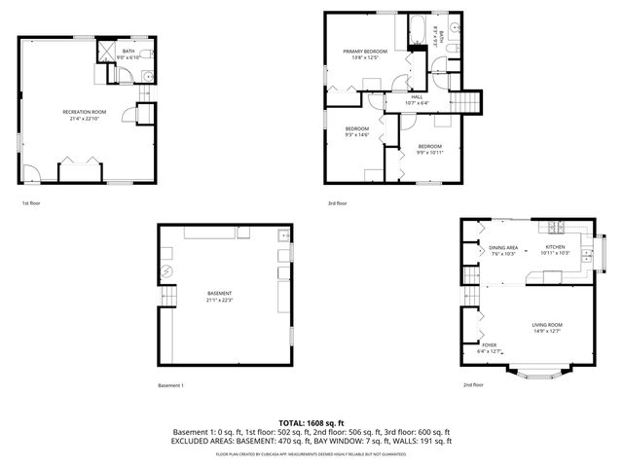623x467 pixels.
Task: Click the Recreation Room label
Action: (x=85, y=112)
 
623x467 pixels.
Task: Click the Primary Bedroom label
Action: (x=364, y=51)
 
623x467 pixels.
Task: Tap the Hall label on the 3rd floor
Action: (x=417, y=96)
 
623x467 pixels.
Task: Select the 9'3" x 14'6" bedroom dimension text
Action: (x=357, y=134)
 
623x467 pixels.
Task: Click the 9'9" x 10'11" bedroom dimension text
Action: (x=430, y=152)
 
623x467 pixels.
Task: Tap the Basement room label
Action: (x=219, y=293)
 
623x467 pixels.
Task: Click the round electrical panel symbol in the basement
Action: (x=165, y=270)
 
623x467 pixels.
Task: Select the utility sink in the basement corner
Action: (x=283, y=235)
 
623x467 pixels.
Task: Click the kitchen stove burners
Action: (x=557, y=230)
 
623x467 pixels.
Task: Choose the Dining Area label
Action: (x=503, y=248)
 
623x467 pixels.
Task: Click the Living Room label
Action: (x=547, y=324)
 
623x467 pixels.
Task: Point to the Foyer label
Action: (x=489, y=344)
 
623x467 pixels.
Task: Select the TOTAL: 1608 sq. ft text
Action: (x=311, y=422)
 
